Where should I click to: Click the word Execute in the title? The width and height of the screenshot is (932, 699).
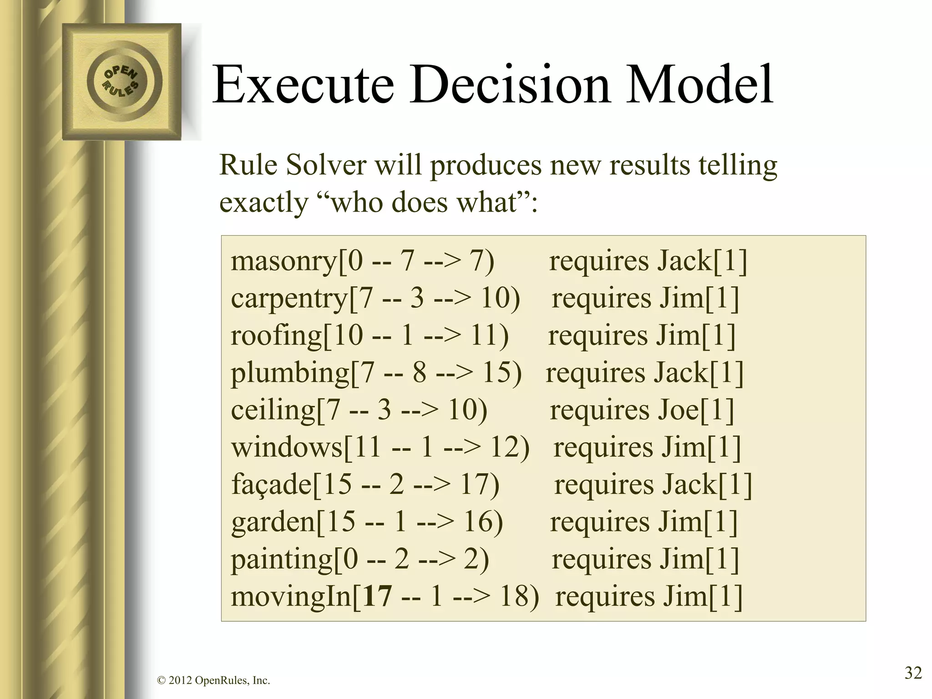[x=303, y=85]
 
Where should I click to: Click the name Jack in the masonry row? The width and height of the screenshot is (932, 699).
[x=685, y=262]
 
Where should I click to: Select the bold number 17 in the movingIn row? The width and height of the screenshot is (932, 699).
[x=378, y=597]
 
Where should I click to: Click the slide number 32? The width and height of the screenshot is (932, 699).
[x=913, y=672]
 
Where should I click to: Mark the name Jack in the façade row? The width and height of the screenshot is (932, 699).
[x=690, y=485]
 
